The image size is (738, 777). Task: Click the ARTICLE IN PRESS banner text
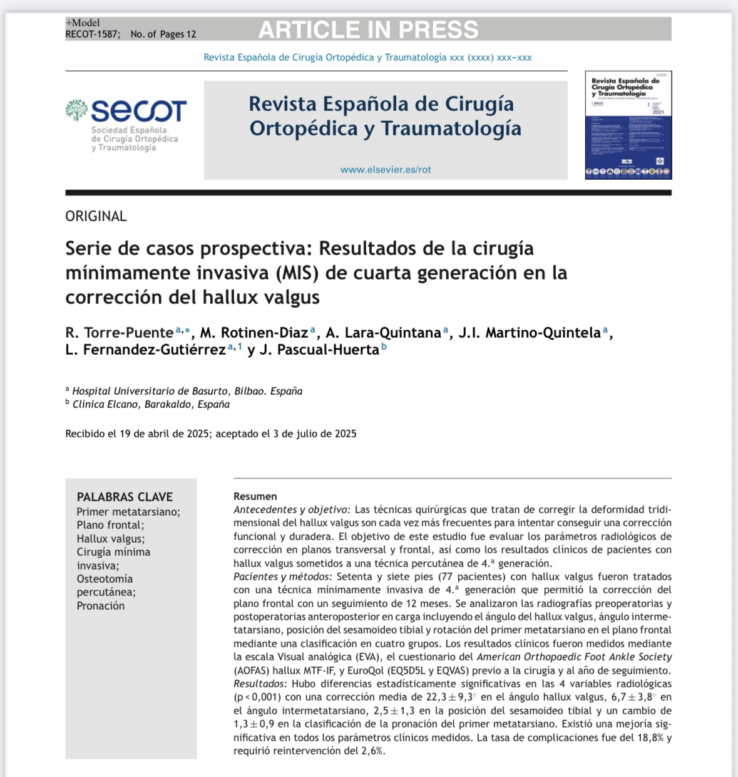tap(368, 30)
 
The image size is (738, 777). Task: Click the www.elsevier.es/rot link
tap(386, 169)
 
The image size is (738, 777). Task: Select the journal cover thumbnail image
tap(628, 125)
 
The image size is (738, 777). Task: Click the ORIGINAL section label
tap(96, 216)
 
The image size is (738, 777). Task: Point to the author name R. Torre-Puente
tap(119, 333)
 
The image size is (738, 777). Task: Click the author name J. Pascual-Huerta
tap(319, 350)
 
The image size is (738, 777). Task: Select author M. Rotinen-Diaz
tap(254, 333)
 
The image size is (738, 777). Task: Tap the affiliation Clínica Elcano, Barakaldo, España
tap(151, 404)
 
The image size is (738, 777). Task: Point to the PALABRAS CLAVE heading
tap(125, 497)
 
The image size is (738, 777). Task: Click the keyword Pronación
tap(101, 606)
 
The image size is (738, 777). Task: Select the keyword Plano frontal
tap(110, 525)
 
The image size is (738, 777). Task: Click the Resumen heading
tap(255, 496)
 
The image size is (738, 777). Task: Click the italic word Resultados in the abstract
tap(260, 684)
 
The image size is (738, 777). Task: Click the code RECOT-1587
tap(92, 34)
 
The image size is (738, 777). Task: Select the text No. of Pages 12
tap(163, 34)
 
